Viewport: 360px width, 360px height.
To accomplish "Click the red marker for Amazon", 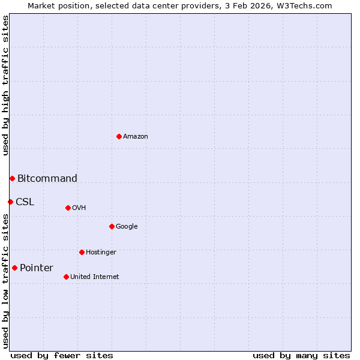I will click(x=119, y=136).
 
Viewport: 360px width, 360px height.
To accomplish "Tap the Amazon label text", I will click(x=136, y=137).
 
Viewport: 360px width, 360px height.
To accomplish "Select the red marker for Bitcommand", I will click(x=12, y=178).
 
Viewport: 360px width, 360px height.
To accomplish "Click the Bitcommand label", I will click(x=47, y=178).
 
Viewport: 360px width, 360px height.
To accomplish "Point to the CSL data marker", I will click(x=10, y=202).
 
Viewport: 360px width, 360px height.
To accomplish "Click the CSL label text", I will click(x=25, y=202).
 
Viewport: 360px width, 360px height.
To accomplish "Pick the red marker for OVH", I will click(x=68, y=208).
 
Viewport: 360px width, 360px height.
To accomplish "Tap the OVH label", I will click(x=79, y=208).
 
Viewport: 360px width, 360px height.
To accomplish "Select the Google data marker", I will click(x=112, y=226).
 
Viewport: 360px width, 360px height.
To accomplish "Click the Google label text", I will click(x=127, y=227).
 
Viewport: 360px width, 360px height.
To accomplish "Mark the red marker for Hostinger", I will click(x=82, y=252).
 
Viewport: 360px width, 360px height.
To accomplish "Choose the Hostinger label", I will click(x=101, y=253).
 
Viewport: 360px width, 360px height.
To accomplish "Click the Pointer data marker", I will click(x=14, y=268).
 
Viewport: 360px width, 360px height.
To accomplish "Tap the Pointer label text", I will click(x=37, y=268).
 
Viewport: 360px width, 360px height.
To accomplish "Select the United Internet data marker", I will click(x=66, y=277).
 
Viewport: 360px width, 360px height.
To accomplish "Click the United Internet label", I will click(x=95, y=277).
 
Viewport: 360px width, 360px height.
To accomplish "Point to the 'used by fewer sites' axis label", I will click(x=62, y=355).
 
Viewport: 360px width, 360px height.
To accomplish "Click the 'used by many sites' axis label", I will click(x=301, y=355).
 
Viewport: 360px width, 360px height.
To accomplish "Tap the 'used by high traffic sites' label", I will click(x=6, y=85).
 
